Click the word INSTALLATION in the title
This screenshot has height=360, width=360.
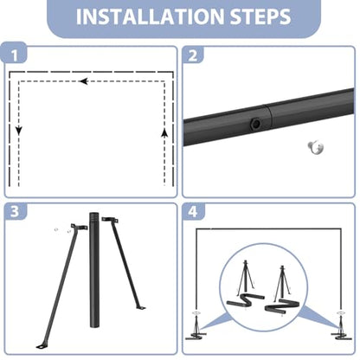150,16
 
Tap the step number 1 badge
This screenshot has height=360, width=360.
15,55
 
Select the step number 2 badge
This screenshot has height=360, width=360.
193,55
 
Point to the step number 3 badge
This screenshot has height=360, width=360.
15,212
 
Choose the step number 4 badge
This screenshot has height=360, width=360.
193,212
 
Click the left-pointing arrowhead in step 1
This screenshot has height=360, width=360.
83,81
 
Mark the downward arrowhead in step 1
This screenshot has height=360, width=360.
19,132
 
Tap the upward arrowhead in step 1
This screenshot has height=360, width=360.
164,132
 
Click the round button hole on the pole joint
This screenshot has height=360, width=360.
255,124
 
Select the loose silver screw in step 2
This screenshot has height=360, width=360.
316,147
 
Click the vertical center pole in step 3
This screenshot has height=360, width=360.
94,270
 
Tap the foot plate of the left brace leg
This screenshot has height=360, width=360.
42,345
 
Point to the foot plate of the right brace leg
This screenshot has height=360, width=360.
140,307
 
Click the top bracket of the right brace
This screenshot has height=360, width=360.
110,220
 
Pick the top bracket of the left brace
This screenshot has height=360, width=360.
79,227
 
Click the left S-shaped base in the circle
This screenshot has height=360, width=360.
246,300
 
